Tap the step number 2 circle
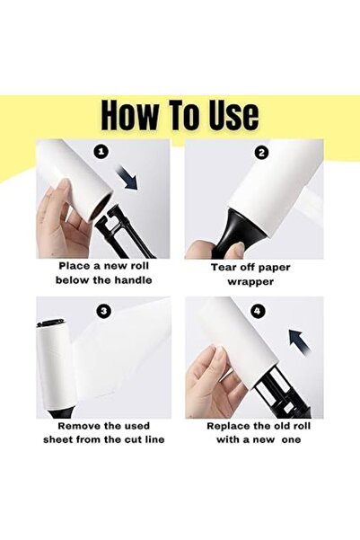click(261, 153)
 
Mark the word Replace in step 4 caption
click(230, 425)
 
